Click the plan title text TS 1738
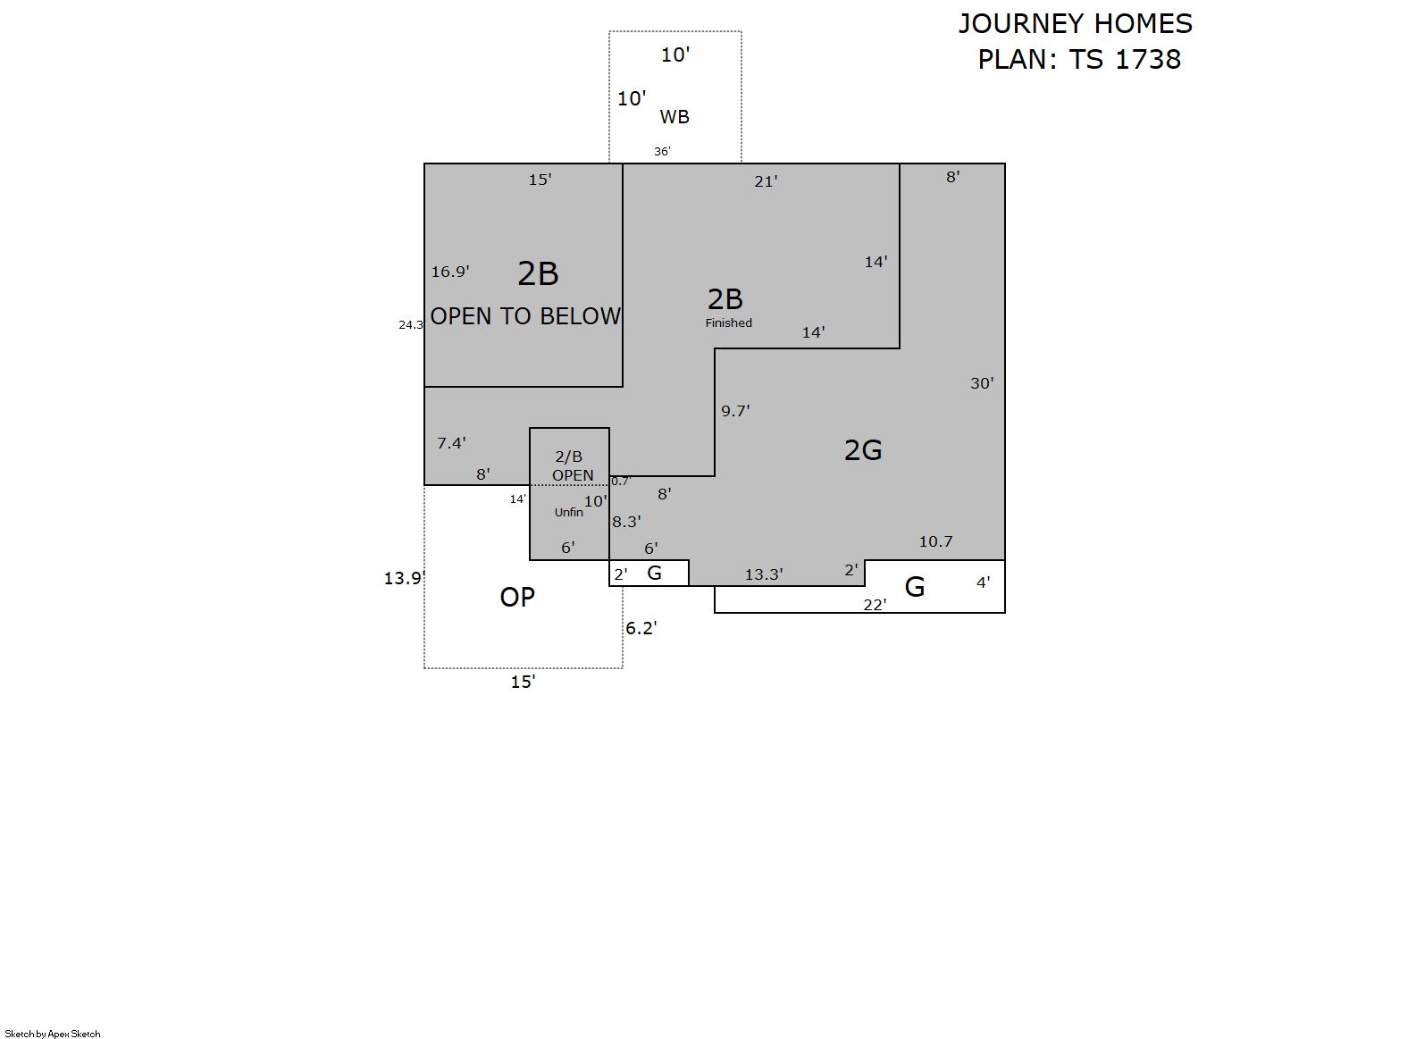click(x=1125, y=59)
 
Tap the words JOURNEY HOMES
click(x=1076, y=24)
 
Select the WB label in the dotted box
click(x=674, y=117)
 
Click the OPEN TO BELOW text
click(x=525, y=316)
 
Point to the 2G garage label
click(x=863, y=450)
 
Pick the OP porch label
click(x=517, y=598)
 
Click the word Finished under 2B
click(x=729, y=323)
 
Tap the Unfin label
click(x=569, y=513)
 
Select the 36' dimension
click(x=663, y=152)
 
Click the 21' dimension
click(x=767, y=182)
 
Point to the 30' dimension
click(x=983, y=383)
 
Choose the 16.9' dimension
click(x=450, y=272)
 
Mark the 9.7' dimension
click(x=736, y=412)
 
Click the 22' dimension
click(x=875, y=606)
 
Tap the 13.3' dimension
click(x=764, y=574)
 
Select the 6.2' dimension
click(x=641, y=628)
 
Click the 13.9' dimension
click(x=405, y=578)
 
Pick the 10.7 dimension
click(x=935, y=541)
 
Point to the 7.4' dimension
click(x=451, y=443)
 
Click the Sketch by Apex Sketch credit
click(x=53, y=1034)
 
